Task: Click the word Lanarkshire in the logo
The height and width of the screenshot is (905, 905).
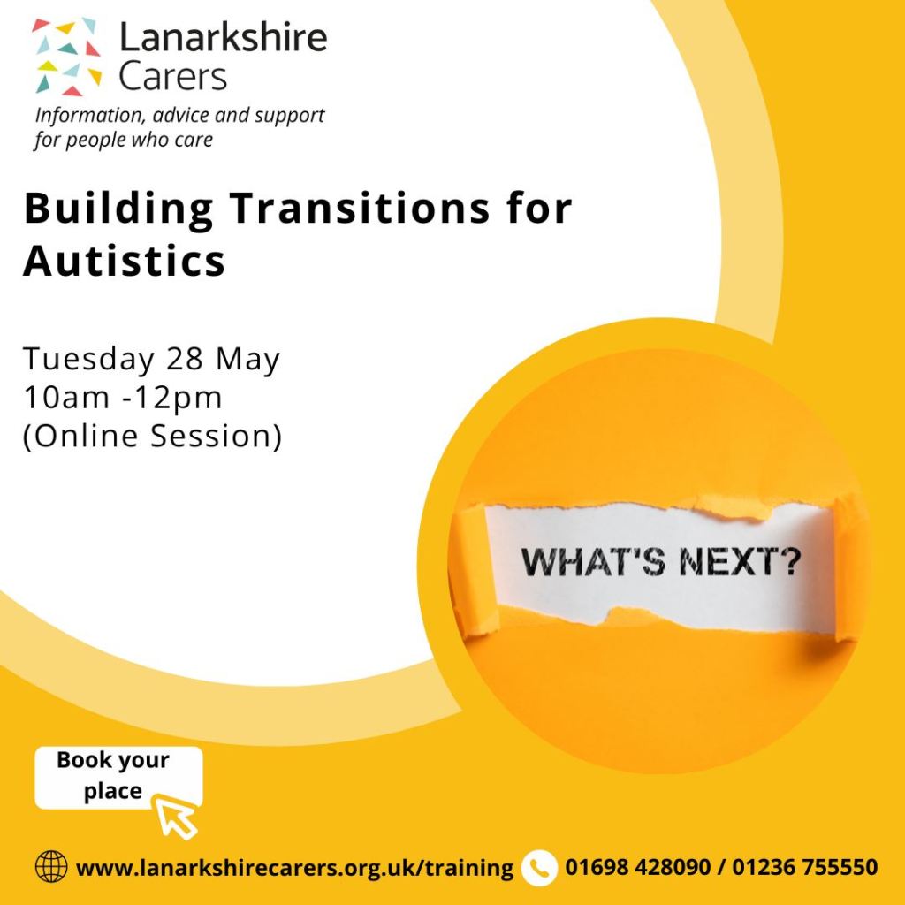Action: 223,37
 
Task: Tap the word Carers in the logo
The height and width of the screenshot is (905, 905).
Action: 172,77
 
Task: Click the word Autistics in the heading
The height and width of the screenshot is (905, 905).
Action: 124,261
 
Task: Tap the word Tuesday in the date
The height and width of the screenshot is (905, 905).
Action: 89,360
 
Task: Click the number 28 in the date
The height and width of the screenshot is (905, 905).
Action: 185,359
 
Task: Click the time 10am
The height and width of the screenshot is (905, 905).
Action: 66,398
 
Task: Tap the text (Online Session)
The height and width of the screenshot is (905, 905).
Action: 152,436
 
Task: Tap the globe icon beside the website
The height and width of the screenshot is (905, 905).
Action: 51,867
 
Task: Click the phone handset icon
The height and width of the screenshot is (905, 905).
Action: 539,868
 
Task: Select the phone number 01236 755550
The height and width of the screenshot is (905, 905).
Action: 805,867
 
